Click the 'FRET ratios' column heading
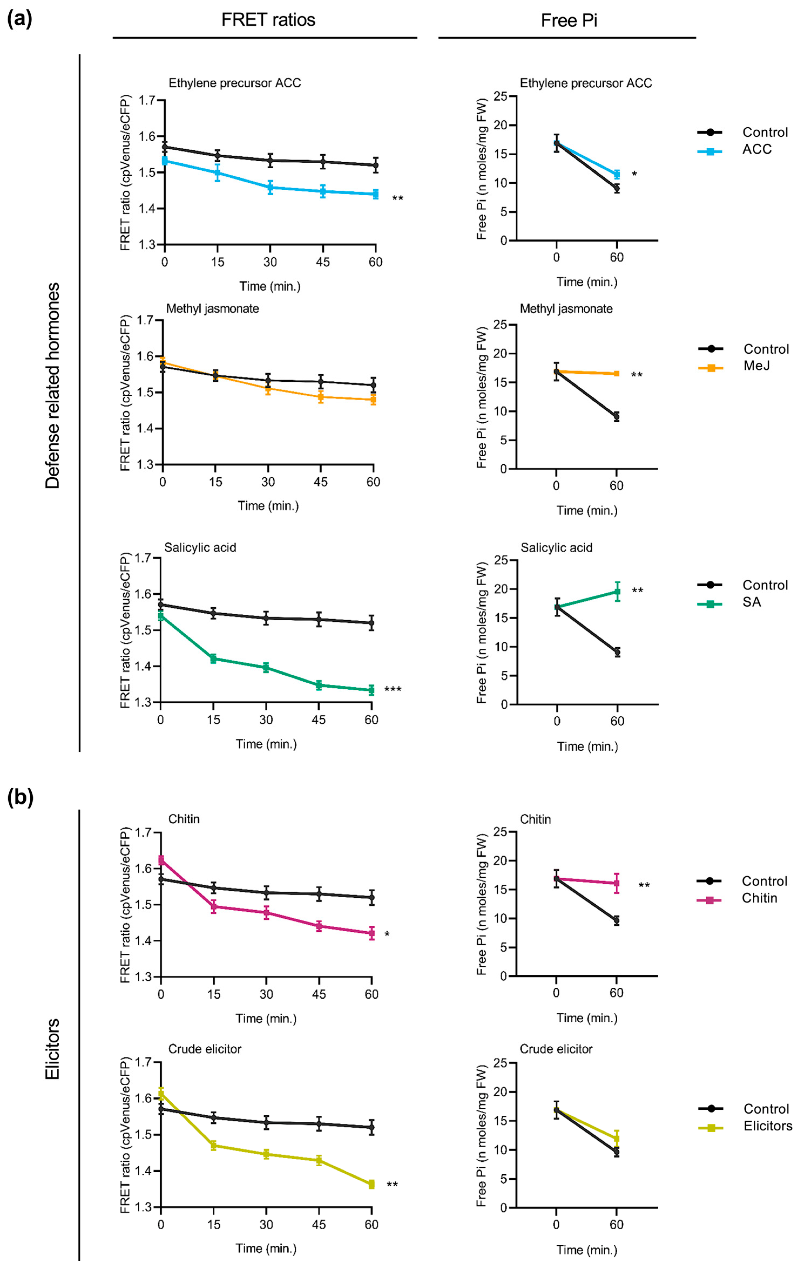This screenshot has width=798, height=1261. click(x=268, y=20)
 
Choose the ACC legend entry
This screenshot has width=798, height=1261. click(x=757, y=149)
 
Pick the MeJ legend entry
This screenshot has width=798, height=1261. click(x=757, y=366)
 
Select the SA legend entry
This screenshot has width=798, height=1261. click(x=751, y=602)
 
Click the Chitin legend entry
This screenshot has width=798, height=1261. click(x=759, y=898)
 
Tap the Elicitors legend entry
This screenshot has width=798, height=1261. click(x=768, y=1126)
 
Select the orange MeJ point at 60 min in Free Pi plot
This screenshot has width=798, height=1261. click(x=617, y=373)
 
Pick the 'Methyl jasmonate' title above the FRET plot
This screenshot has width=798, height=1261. click(x=213, y=309)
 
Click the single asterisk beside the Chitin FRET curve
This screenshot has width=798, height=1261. click(x=387, y=934)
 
